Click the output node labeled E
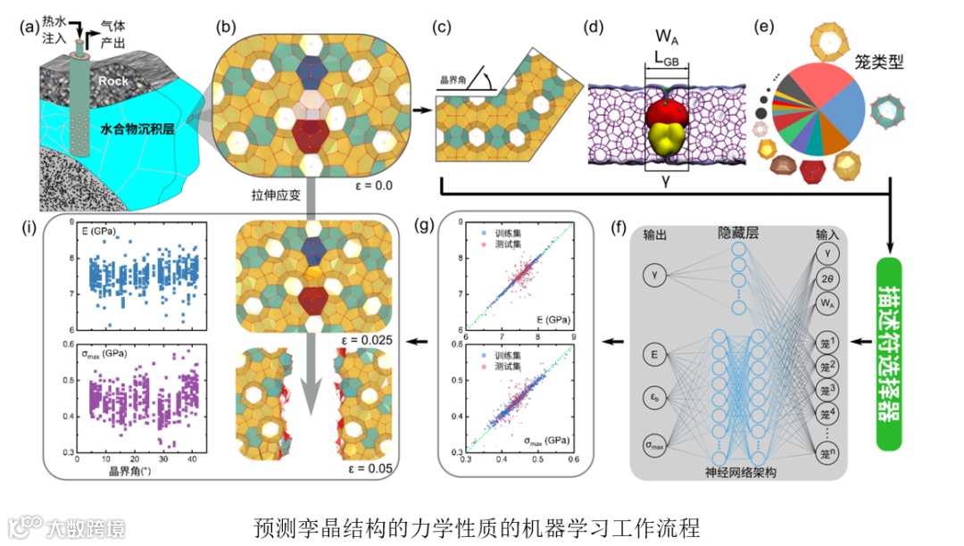(657, 354)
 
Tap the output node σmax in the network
(657, 443)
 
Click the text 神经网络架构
(738, 471)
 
